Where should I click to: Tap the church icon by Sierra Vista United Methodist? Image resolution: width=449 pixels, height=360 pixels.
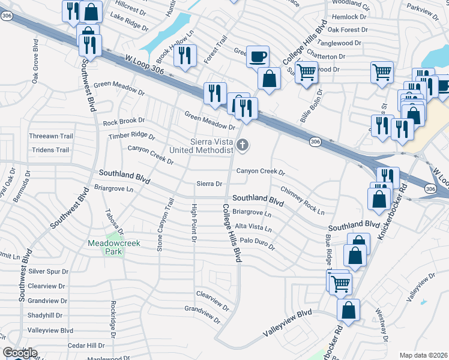243,144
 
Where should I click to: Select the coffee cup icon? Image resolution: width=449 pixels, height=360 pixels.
258,56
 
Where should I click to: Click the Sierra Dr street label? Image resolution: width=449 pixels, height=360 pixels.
209,184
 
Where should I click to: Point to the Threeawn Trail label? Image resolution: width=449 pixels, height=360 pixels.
50,136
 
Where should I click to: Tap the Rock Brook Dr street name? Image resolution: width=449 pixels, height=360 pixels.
124,122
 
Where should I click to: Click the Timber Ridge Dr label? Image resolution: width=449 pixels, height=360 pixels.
131,136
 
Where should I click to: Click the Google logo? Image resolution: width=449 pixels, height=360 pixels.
20,353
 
